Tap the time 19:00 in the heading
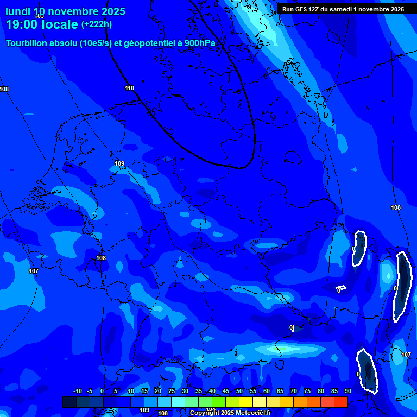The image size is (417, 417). (23, 24)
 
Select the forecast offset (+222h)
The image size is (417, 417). (97, 24)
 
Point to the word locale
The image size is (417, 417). (60, 24)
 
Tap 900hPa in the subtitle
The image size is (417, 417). (204, 43)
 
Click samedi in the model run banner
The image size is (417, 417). (344, 9)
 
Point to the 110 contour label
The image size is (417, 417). (129, 88)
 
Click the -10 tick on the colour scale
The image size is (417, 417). (77, 391)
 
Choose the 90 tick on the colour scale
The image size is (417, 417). (347, 391)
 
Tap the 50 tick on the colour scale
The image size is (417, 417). (239, 391)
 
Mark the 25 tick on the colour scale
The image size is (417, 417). (171, 391)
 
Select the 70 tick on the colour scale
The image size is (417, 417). (293, 391)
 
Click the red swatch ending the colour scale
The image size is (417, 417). (340, 402)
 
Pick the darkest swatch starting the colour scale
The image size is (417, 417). (69, 402)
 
